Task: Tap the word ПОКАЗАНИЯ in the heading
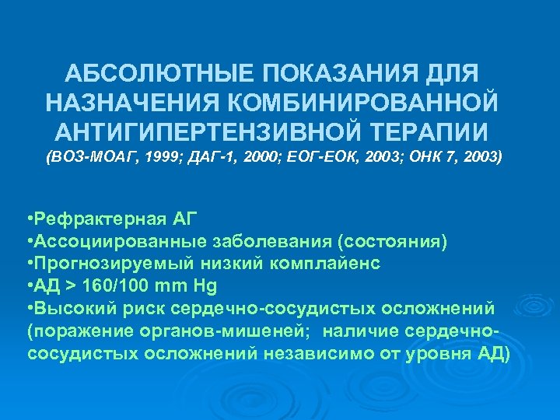pos(342,76)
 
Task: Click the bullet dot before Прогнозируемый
pos(29,263)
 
